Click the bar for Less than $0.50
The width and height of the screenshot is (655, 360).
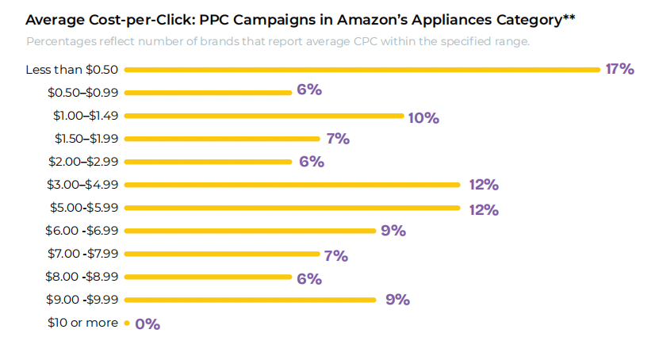[362, 70]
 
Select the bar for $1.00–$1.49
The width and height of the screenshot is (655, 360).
[264, 116]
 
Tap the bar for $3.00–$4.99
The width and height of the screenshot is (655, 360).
[292, 185]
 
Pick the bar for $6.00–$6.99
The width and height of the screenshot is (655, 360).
[250, 232]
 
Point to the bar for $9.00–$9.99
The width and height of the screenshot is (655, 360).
[250, 300]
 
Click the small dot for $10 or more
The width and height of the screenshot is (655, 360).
[127, 324]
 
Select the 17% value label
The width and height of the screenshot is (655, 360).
[619, 69]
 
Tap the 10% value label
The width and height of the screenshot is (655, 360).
[423, 117]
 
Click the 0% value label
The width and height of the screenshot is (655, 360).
[147, 324]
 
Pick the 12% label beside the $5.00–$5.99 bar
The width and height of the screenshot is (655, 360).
[483, 209]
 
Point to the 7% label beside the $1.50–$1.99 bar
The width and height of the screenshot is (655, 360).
[337, 139]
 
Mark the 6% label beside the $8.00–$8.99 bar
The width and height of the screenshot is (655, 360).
[309, 278]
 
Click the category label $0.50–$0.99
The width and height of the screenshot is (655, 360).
[82, 93]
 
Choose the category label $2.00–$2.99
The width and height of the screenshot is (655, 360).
[82, 162]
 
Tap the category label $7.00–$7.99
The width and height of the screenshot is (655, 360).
[82, 254]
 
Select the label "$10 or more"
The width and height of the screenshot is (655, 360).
[82, 323]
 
